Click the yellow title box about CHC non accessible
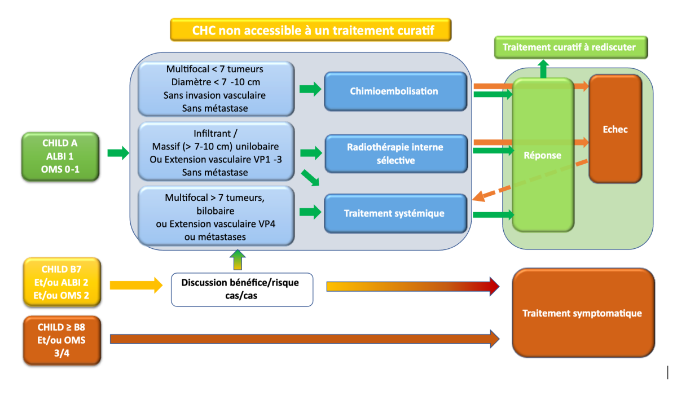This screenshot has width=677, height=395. pyautogui.click(x=311, y=30)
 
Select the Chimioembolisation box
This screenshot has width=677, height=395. pyautogui.click(x=395, y=91)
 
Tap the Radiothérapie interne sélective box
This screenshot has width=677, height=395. pyautogui.click(x=395, y=153)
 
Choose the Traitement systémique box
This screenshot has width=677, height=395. pyautogui.click(x=395, y=213)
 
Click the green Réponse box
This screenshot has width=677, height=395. pyautogui.click(x=543, y=155)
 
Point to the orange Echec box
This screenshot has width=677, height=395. pyautogui.click(x=615, y=129)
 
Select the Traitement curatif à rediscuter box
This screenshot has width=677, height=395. pyautogui.click(x=570, y=47)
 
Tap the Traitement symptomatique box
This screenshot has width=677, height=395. pyautogui.click(x=583, y=313)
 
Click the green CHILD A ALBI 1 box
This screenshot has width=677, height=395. pyautogui.click(x=61, y=156)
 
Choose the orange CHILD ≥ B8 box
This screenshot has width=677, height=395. pyautogui.click(x=61, y=340)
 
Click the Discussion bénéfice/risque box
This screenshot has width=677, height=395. pyautogui.click(x=241, y=289)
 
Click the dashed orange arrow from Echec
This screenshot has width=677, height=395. pyautogui.click(x=530, y=179)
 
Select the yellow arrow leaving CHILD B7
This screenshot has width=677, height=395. pyautogui.click(x=135, y=285)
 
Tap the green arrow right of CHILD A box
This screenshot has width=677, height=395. pyautogui.click(x=118, y=152)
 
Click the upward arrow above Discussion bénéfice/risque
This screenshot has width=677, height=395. pyautogui.click(x=238, y=261)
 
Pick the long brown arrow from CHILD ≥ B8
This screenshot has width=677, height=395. pyautogui.click(x=305, y=339)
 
